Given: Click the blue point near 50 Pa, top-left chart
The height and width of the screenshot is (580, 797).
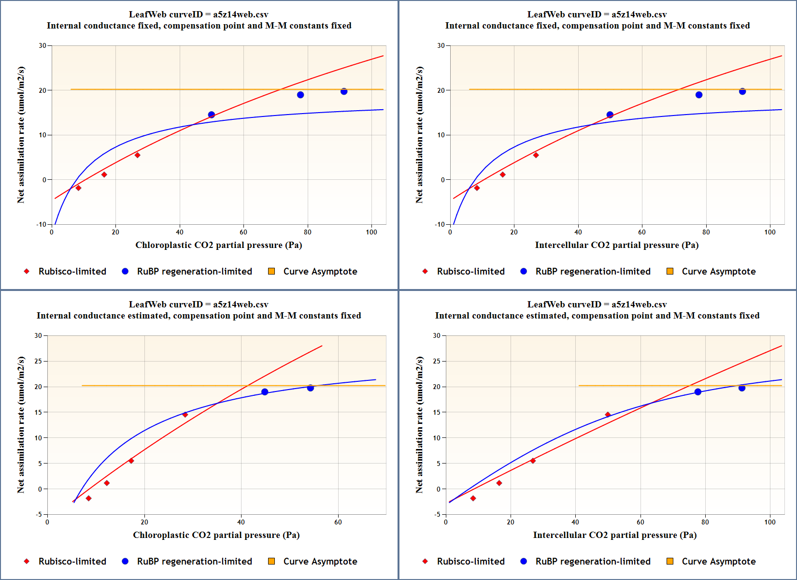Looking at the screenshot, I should (211, 115).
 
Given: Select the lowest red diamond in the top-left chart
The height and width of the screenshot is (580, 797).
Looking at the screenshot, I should (78, 188).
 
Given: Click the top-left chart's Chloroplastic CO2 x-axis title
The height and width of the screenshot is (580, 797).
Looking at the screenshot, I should (218, 245).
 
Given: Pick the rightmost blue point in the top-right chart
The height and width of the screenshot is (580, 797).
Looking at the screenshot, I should (742, 91).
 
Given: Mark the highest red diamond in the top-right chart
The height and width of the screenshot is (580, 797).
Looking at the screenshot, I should (536, 155).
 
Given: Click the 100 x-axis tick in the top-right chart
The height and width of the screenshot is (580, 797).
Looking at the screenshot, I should (770, 232).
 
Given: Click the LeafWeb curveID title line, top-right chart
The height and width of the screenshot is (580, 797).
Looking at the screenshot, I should (597, 14).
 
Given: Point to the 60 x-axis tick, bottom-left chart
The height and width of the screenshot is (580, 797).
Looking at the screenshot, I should (338, 522).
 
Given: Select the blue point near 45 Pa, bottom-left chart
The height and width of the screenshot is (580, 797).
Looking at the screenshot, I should (265, 392).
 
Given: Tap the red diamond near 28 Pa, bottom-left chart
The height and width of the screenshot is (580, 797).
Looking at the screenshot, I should (185, 415).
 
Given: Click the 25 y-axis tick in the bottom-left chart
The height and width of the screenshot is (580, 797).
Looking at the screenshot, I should (38, 361).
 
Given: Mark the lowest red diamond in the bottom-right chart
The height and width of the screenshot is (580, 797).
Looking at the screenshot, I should (473, 498).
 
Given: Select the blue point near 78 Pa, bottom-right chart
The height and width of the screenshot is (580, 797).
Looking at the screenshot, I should (698, 392).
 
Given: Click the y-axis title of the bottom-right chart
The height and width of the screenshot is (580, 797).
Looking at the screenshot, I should (419, 425).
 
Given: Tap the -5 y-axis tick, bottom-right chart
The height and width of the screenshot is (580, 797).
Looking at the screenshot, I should (437, 514).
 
